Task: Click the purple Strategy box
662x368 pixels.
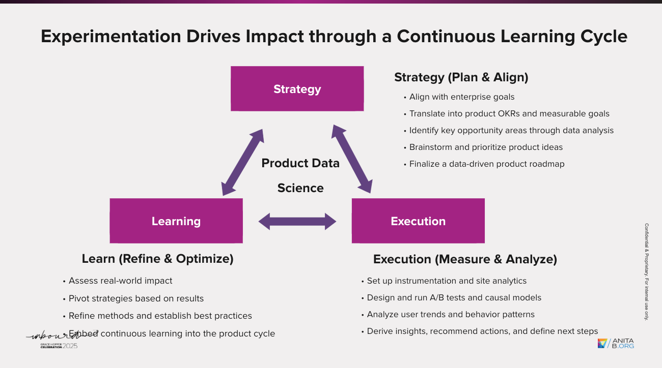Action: (x=297, y=89)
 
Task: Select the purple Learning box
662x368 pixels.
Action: (x=176, y=221)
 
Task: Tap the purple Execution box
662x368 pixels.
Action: (x=418, y=221)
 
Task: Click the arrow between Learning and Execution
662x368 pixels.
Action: (x=297, y=221)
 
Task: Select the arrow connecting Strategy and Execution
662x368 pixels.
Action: (x=352, y=159)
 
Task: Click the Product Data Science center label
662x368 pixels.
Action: (x=300, y=175)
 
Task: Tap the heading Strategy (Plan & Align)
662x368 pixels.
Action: (x=461, y=77)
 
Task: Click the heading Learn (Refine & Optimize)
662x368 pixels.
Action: (x=157, y=259)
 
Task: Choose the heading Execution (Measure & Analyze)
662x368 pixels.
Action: (x=465, y=259)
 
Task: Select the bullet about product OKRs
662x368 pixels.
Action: (x=509, y=114)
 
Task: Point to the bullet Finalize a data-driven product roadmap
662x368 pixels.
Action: (x=486, y=164)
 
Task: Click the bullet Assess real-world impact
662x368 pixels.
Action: (x=120, y=281)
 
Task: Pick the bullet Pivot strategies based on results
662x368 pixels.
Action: (x=136, y=298)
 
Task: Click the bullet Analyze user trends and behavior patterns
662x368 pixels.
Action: (x=450, y=315)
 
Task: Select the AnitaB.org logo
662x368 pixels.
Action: (x=616, y=344)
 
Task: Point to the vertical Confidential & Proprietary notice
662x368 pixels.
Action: (x=647, y=272)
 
